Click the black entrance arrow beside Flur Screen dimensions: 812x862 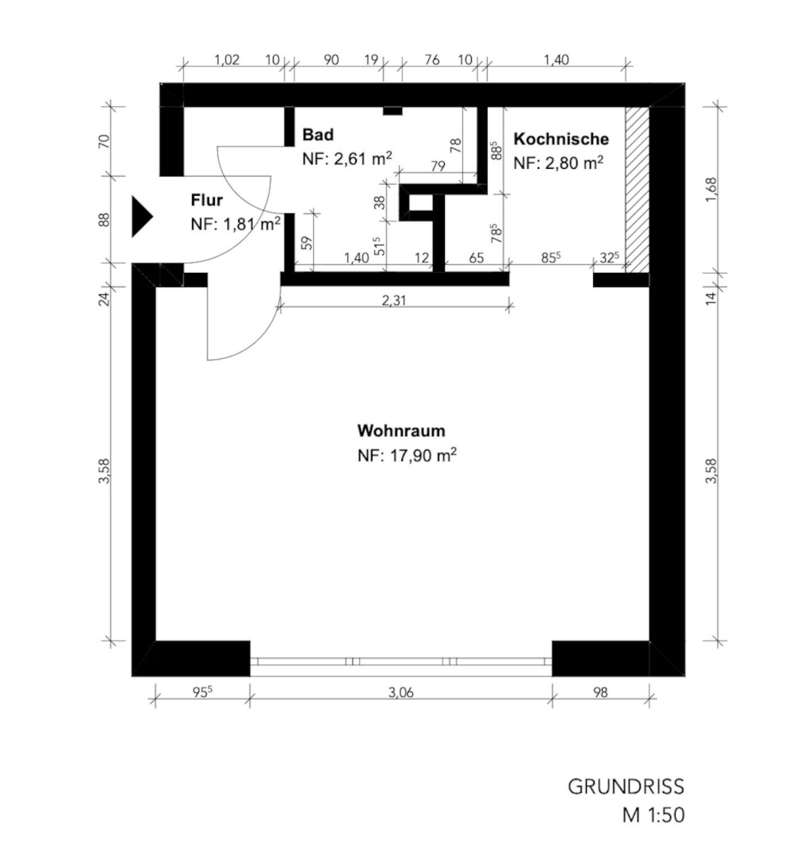click(140, 217)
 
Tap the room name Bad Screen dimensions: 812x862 click(318, 135)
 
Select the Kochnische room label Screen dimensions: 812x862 click(561, 139)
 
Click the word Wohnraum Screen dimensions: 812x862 click(401, 431)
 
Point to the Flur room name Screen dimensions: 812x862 click(207, 200)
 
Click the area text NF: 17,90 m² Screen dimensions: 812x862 click(407, 455)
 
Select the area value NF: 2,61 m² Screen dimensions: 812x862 click(347, 159)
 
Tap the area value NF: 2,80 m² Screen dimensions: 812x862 click(558, 163)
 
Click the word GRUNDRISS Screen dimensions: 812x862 click(626, 787)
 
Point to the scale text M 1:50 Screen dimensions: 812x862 click(653, 814)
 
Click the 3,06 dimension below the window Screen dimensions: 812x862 click(400, 692)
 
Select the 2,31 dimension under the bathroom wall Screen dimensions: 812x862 click(393, 301)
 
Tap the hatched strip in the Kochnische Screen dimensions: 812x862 click(638, 189)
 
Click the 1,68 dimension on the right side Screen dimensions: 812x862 click(711, 189)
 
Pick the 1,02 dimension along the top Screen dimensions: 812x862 click(227, 59)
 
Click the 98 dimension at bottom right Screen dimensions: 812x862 click(601, 692)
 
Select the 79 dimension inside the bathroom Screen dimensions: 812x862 click(438, 166)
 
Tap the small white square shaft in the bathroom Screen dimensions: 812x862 click(421, 203)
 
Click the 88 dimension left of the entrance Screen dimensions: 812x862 click(105, 220)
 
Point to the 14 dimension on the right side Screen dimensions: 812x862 click(711, 298)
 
